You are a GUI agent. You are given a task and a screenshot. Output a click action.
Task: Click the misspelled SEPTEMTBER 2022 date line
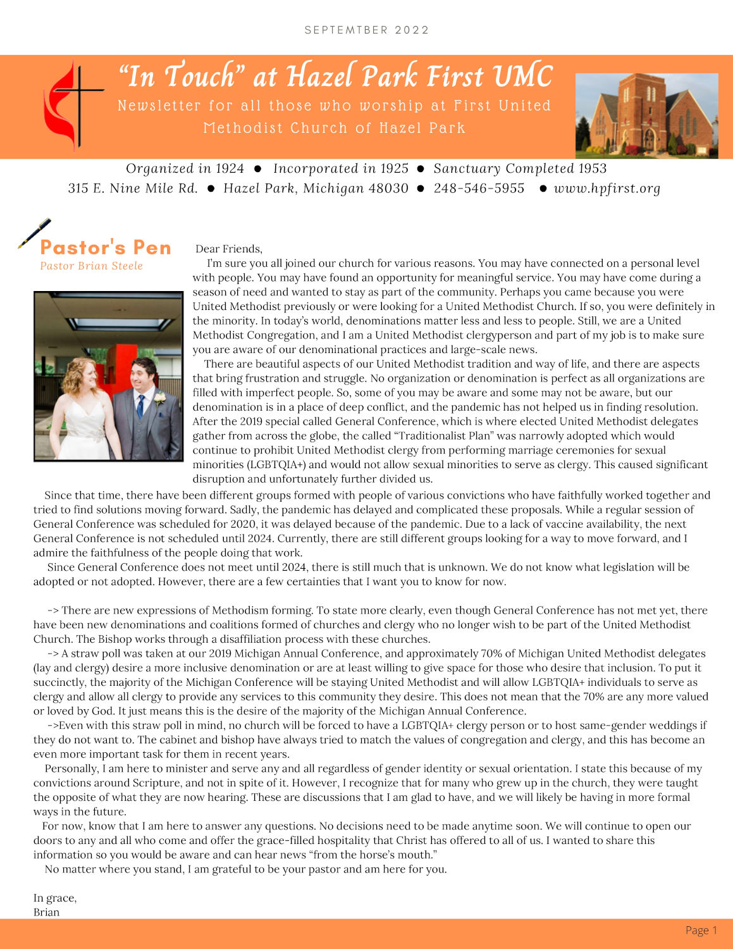point(367,30)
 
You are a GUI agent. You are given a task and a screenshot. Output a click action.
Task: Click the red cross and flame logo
point(71,105)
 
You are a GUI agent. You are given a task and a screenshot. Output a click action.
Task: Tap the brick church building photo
point(646,115)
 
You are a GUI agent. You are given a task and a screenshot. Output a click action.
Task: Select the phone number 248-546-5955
point(479,189)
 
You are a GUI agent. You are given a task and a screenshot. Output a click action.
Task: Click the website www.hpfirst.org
point(607,189)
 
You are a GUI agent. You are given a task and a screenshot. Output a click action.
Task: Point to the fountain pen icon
point(34,233)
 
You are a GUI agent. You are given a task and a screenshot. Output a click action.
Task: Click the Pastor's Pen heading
point(106,247)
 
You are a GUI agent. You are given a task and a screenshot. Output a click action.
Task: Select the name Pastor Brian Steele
point(91,266)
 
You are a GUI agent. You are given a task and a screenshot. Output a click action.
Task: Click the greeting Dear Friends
point(229,249)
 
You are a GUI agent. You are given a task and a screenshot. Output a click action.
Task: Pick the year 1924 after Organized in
point(230,168)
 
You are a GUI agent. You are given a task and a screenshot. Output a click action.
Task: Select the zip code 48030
point(387,189)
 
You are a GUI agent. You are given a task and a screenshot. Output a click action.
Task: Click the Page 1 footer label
point(701,930)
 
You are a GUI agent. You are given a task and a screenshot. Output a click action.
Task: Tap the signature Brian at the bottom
point(46,912)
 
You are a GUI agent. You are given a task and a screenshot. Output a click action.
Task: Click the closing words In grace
point(55,898)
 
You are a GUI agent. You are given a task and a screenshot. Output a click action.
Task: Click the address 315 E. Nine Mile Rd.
point(133,189)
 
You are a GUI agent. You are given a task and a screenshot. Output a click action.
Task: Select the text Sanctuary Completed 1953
point(520,168)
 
